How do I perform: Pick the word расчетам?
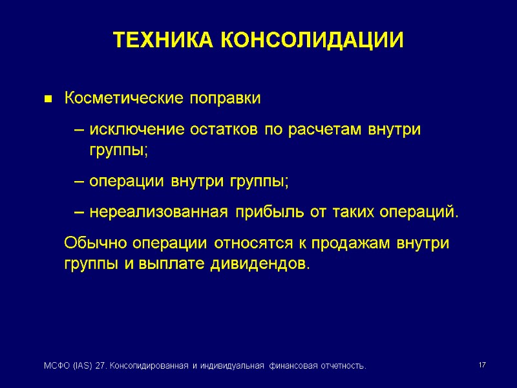click(329, 129)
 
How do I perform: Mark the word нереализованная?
click(159, 213)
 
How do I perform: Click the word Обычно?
click(96, 244)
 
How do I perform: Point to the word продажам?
click(352, 244)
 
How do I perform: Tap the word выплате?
click(174, 264)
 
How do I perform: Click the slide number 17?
click(482, 366)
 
